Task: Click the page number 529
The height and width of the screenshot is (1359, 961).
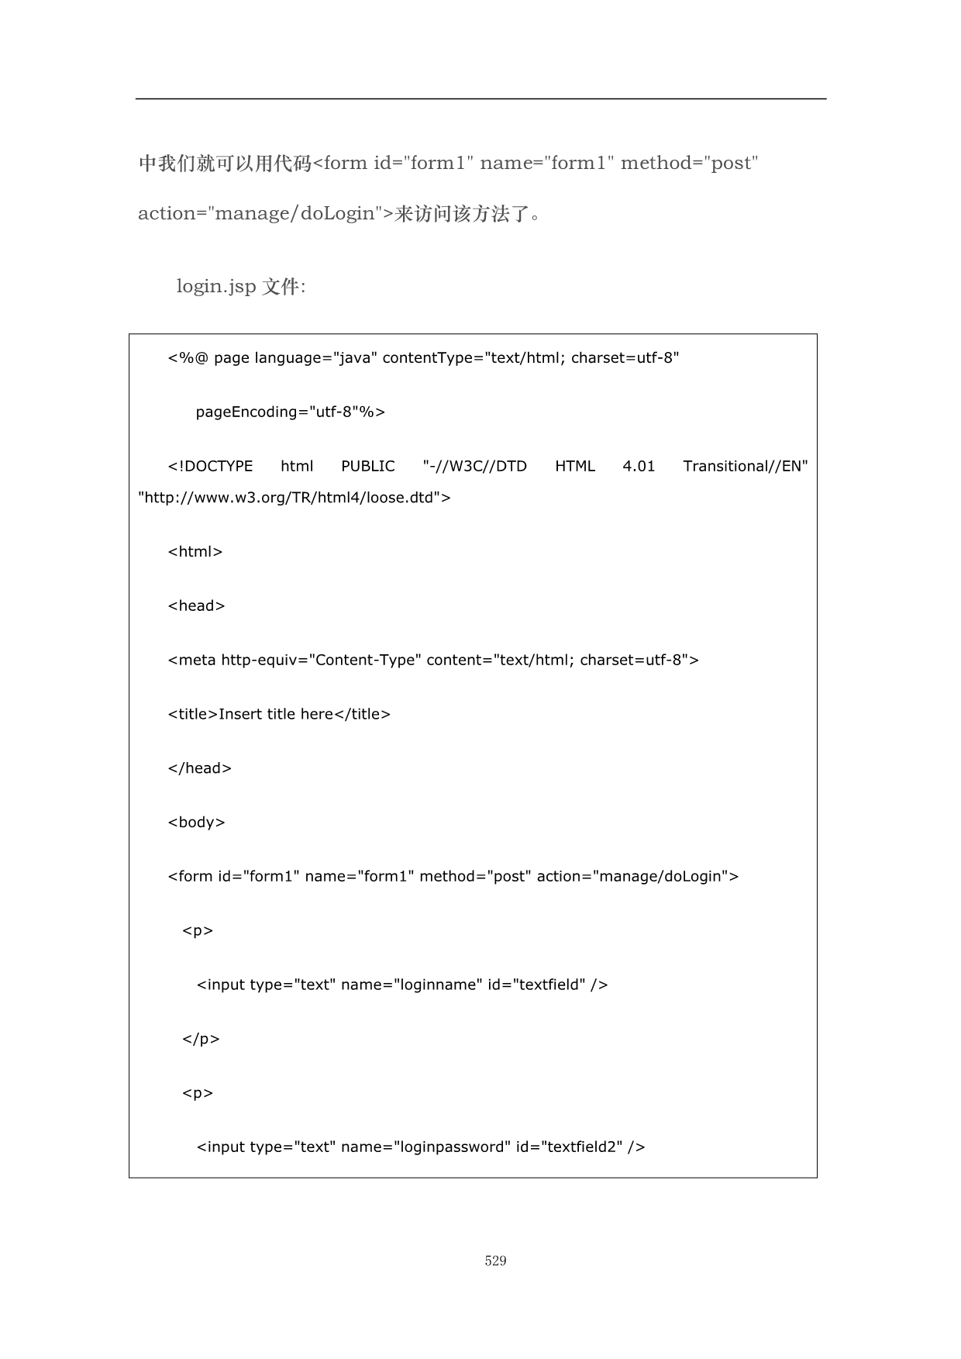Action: point(495,1261)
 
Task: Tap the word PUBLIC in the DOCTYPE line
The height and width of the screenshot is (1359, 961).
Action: point(367,466)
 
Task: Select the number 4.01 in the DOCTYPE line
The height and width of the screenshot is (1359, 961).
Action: point(639,466)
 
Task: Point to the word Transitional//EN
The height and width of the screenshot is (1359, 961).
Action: point(745,466)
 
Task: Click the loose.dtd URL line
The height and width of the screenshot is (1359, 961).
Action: point(294,498)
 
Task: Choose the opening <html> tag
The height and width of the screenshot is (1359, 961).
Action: point(195,552)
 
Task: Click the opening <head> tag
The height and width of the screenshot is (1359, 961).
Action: point(196,605)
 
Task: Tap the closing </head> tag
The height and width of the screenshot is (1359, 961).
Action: point(199,768)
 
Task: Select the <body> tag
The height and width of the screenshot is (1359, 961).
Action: point(196,823)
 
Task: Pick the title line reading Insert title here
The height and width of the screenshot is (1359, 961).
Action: point(279,714)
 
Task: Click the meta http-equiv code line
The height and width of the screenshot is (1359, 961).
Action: point(433,660)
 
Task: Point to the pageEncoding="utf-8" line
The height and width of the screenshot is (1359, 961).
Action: point(290,412)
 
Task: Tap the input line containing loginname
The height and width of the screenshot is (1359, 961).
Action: point(402,985)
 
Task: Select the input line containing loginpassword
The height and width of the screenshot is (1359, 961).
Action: point(421,1147)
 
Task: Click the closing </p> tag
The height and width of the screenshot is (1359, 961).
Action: point(201,1039)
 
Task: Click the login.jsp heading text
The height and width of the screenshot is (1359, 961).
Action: point(240,286)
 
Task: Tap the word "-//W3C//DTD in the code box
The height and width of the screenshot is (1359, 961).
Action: point(474,466)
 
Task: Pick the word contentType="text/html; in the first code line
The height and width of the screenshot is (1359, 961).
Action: point(474,357)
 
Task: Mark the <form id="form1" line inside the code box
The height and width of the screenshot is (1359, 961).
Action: point(453,876)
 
